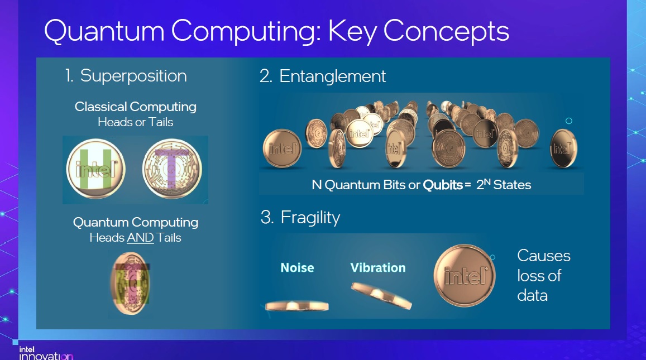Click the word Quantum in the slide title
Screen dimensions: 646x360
pyautogui.click(x=104, y=31)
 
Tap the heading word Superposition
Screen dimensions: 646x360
pyautogui.click(x=133, y=76)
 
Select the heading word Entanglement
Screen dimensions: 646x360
pyautogui.click(x=332, y=76)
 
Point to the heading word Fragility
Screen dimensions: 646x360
pyautogui.click(x=310, y=218)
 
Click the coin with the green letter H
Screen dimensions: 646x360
pyautogui.click(x=95, y=169)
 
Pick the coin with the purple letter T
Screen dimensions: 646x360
pyautogui.click(x=172, y=169)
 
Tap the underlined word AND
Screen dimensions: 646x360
pyautogui.click(x=140, y=238)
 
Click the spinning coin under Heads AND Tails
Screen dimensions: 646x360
pyautogui.click(x=131, y=284)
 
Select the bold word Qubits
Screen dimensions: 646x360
pyautogui.click(x=443, y=185)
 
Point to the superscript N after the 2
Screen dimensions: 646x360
pyautogui.click(x=487, y=181)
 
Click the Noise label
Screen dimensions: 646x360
pyautogui.click(x=297, y=268)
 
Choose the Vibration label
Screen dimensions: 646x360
pyautogui.click(x=378, y=268)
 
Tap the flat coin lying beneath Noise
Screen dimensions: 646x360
pyautogui.click(x=297, y=306)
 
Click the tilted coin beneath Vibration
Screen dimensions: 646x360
pyautogui.click(x=381, y=295)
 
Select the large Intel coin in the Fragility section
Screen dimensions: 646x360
pyautogui.click(x=465, y=276)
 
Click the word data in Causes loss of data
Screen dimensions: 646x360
pyautogui.click(x=532, y=295)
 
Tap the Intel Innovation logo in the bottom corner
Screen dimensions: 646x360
pyautogui.click(x=46, y=353)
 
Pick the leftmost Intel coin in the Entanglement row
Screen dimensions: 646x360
pyautogui.click(x=282, y=148)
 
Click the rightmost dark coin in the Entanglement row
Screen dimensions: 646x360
pyautogui.click(x=563, y=148)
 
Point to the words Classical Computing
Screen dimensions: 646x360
pyautogui.click(x=136, y=107)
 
